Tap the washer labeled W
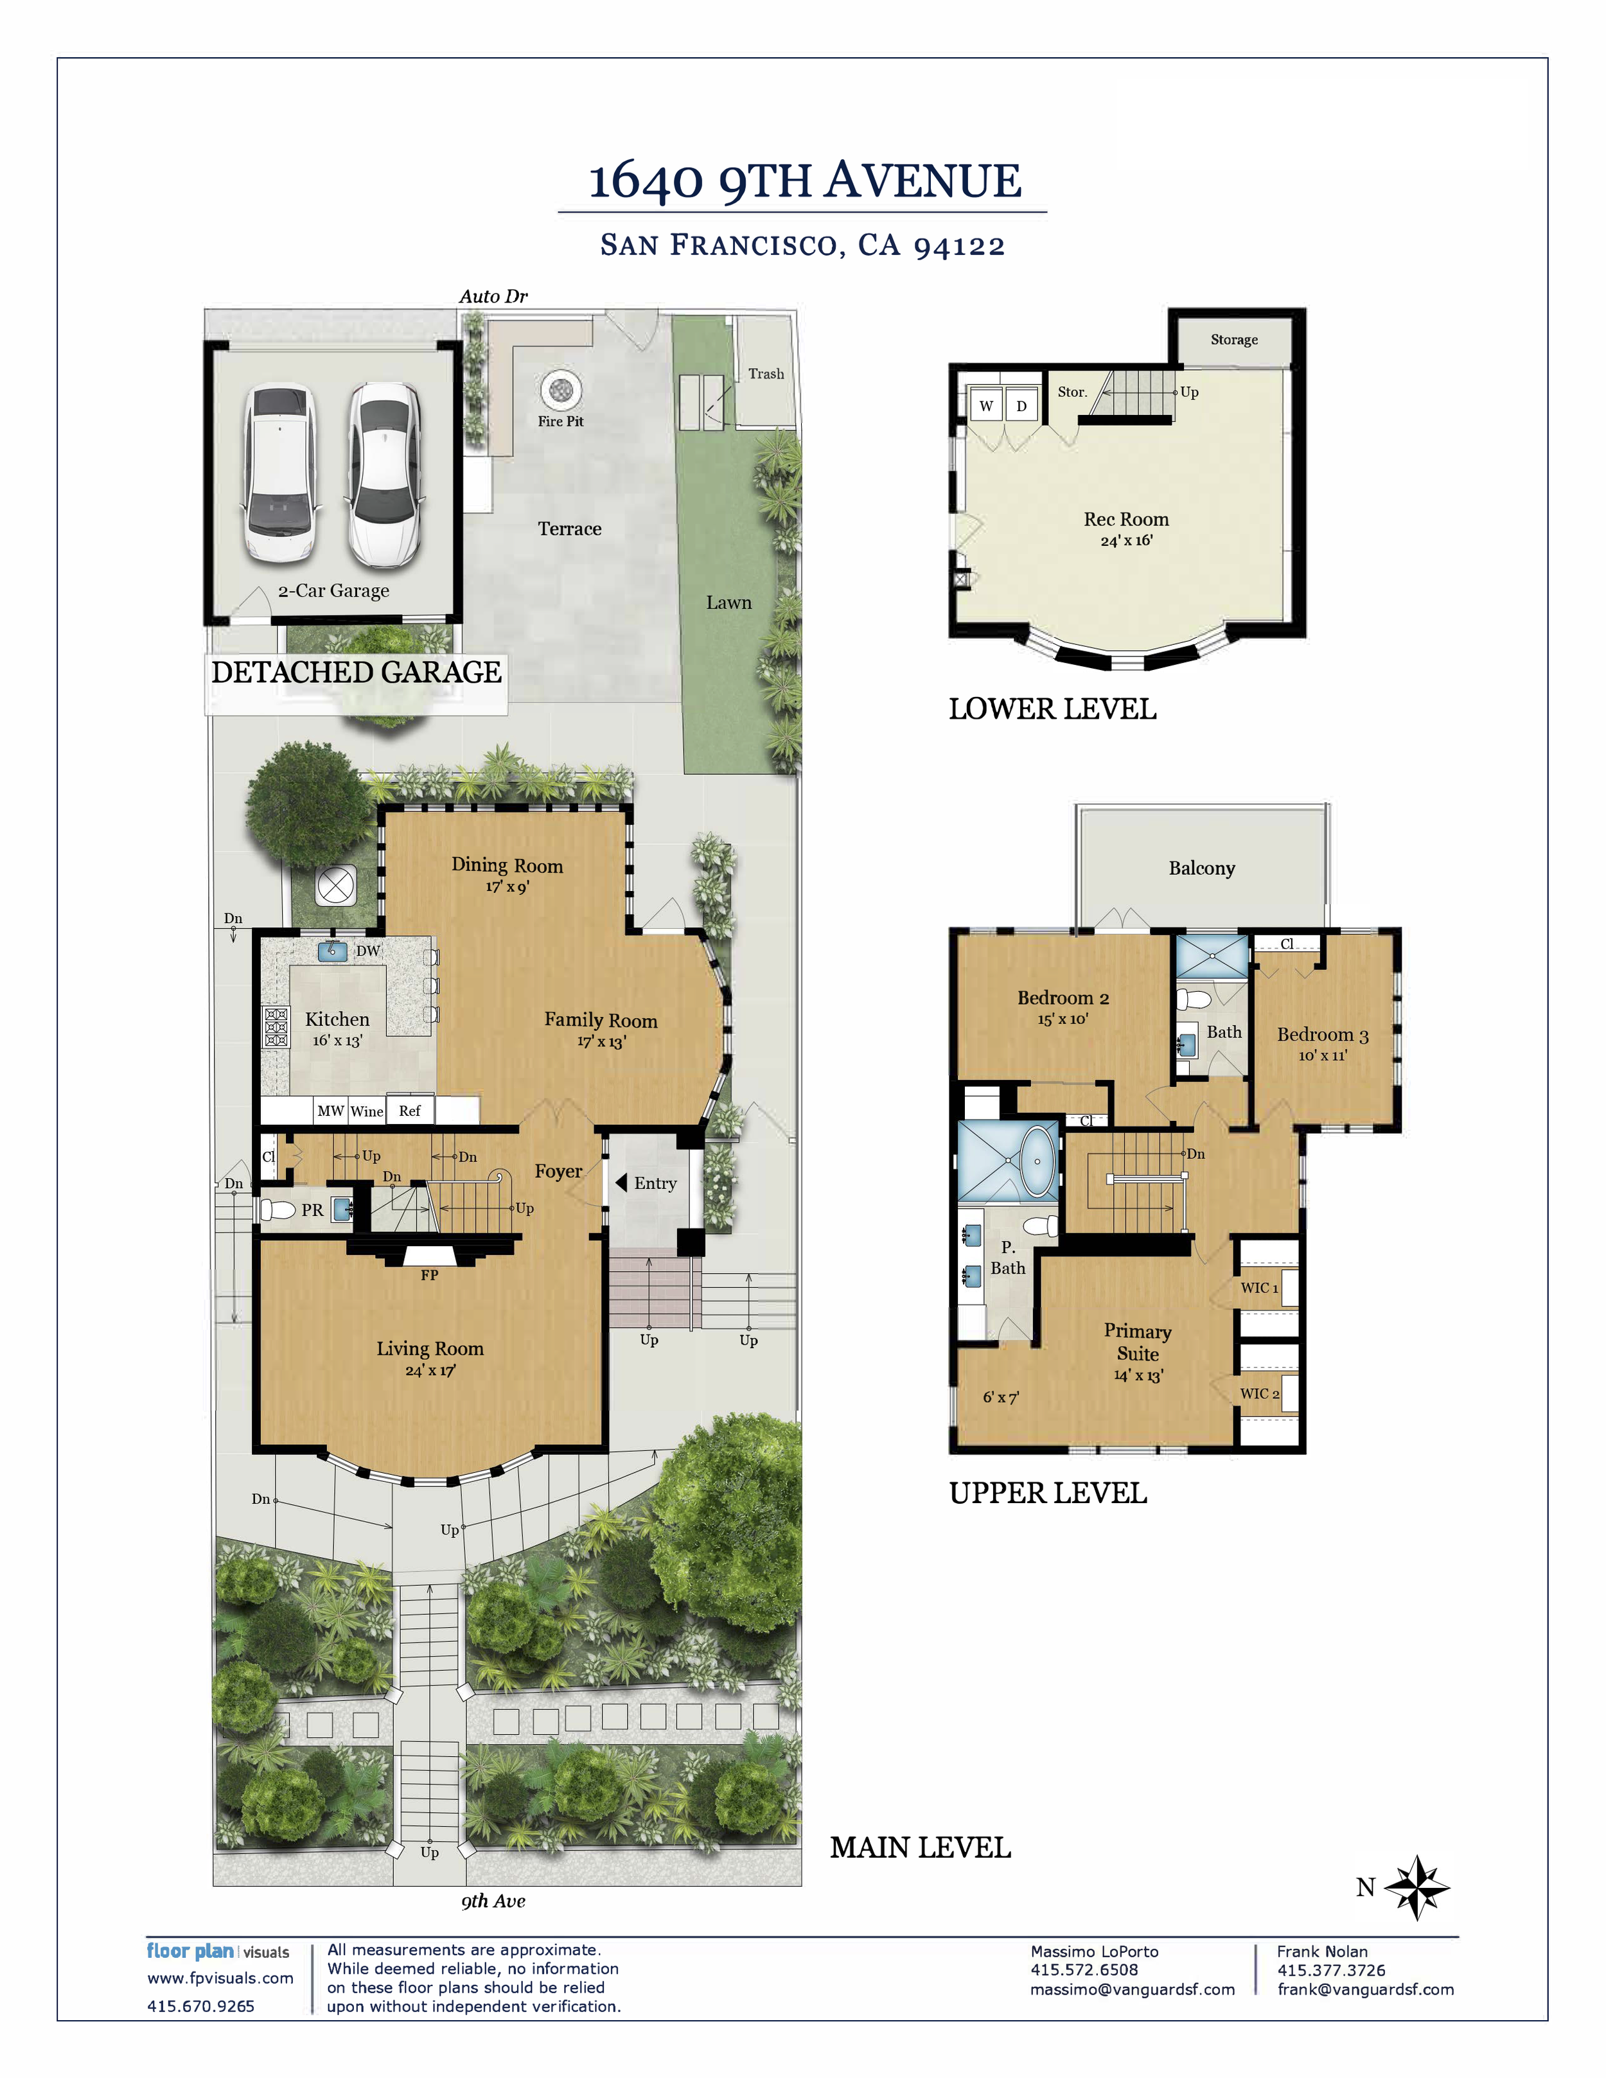[987, 405]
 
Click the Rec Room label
[1125, 520]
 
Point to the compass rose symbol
[1416, 1886]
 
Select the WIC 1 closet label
[1258, 1287]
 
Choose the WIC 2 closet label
[1258, 1393]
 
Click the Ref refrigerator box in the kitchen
[410, 1111]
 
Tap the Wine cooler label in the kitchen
[366, 1111]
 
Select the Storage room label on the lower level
[1234, 340]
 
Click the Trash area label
[766, 374]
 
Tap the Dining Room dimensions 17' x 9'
[507, 887]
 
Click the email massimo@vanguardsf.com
[1132, 1989]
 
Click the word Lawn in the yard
[728, 603]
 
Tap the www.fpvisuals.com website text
[220, 1978]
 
